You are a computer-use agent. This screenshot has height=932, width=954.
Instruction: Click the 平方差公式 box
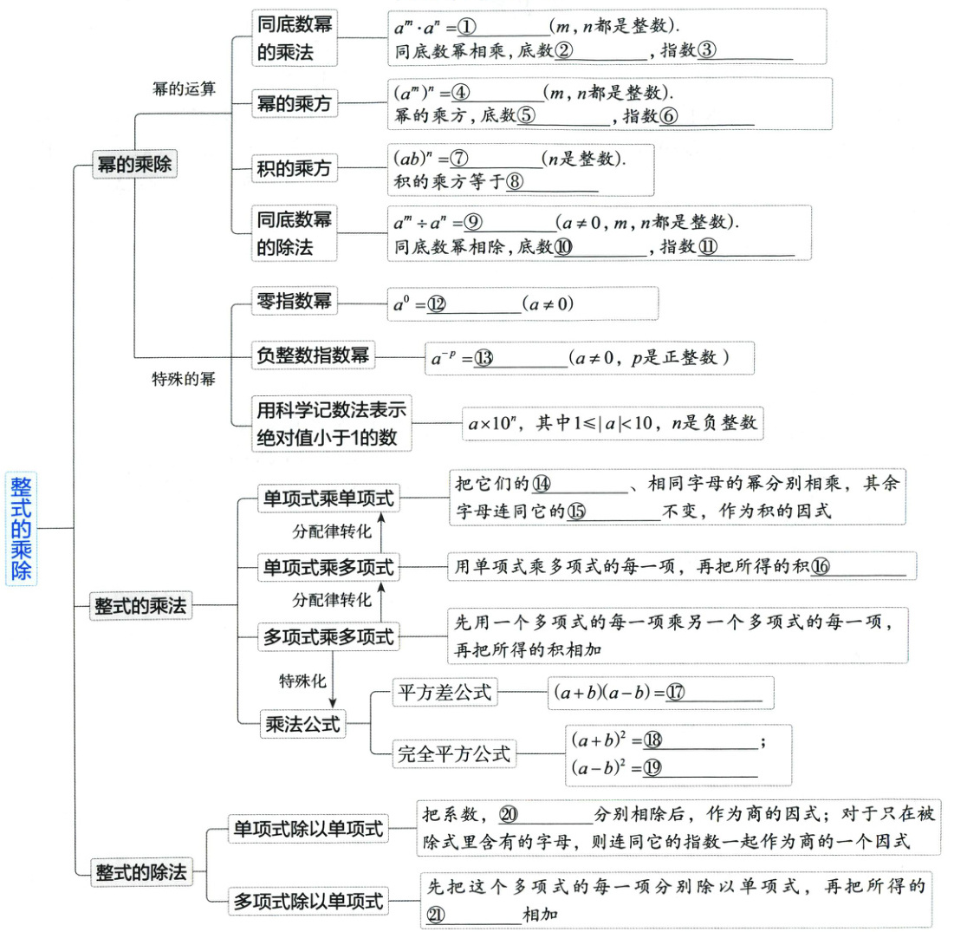click(444, 692)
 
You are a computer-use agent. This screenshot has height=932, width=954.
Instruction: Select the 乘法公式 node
click(303, 723)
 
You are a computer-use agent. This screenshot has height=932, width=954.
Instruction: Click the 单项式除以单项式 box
click(308, 829)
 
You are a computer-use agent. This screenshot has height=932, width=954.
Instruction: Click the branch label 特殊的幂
click(184, 379)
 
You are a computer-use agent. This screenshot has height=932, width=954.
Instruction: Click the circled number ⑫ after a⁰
click(436, 304)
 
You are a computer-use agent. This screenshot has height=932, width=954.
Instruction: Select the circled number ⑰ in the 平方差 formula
click(676, 693)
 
